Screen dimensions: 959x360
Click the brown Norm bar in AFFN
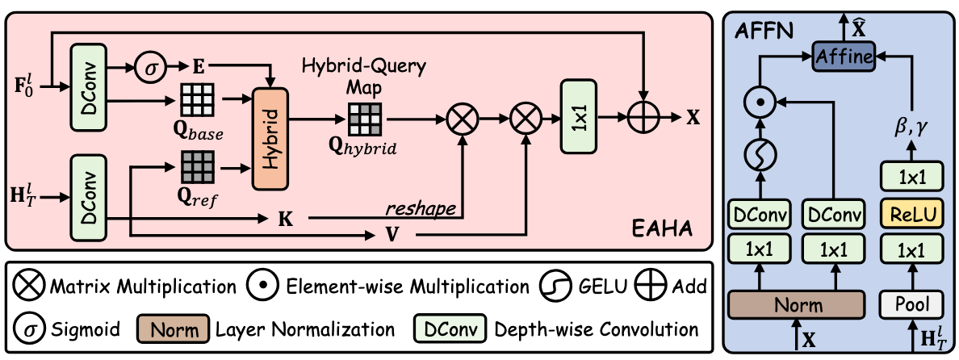(795, 303)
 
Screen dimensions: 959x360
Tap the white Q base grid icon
(196, 97)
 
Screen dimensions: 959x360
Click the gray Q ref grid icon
(196, 167)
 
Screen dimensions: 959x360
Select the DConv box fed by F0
(90, 86)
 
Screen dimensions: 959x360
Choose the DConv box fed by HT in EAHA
(90, 198)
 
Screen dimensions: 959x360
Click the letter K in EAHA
(284, 219)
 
